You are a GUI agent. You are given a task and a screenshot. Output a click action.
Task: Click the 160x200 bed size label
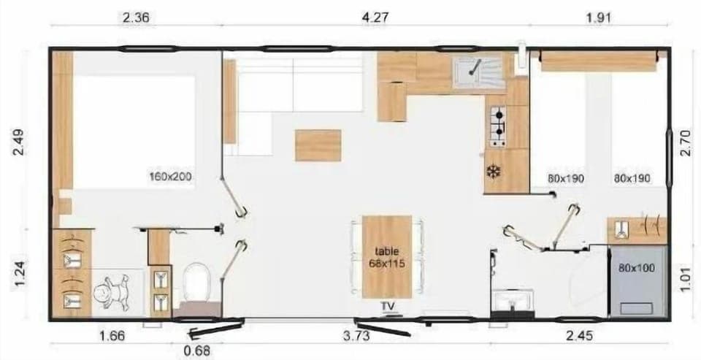(x=171, y=177)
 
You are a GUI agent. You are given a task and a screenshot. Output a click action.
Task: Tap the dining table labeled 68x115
(x=387, y=256)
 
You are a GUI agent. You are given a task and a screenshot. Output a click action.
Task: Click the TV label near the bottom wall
(x=387, y=305)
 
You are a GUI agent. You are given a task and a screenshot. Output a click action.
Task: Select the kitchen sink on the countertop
(x=478, y=71)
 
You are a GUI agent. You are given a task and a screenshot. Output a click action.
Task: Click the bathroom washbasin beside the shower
(x=512, y=299)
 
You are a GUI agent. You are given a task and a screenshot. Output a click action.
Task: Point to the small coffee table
(x=318, y=145)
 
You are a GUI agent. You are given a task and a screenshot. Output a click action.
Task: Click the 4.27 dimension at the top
(x=375, y=18)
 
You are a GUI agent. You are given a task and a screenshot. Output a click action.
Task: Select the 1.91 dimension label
(x=598, y=18)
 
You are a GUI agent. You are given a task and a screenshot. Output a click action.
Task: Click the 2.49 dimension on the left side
(x=18, y=142)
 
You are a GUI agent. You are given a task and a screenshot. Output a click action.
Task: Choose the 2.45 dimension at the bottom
(x=580, y=336)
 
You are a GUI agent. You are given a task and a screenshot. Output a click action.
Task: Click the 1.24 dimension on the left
(x=18, y=278)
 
